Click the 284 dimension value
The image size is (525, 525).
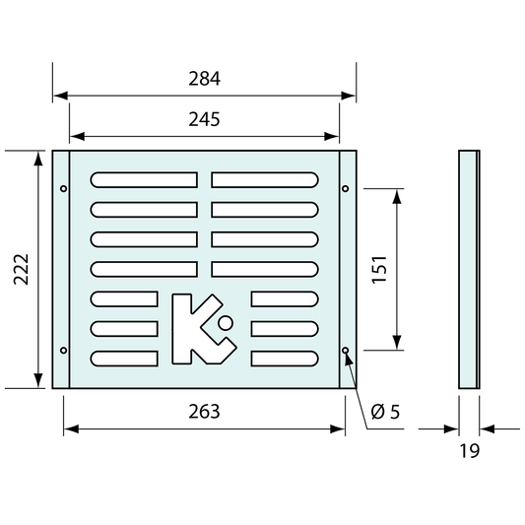(204, 79)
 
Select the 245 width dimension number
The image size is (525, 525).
(204, 119)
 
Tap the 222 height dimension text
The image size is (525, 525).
(21, 270)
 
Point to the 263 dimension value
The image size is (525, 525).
(204, 412)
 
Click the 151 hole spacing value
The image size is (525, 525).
(379, 270)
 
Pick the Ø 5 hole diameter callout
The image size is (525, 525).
(385, 412)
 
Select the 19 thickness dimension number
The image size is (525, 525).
(470, 451)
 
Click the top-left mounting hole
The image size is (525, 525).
(64, 188)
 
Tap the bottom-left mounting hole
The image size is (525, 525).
(64, 351)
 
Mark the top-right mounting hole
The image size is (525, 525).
(345, 188)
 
